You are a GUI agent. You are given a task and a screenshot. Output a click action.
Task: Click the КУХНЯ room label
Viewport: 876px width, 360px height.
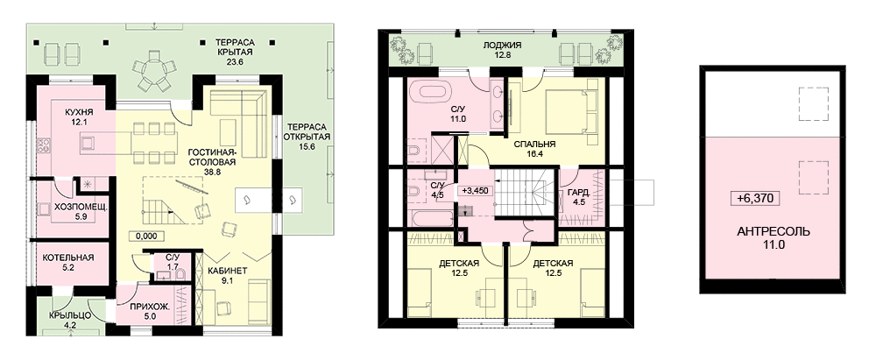(78, 112)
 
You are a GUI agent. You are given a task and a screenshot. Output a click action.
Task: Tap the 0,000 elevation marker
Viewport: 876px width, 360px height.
(146, 236)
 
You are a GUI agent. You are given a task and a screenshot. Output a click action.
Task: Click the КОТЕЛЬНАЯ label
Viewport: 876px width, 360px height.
(68, 258)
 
